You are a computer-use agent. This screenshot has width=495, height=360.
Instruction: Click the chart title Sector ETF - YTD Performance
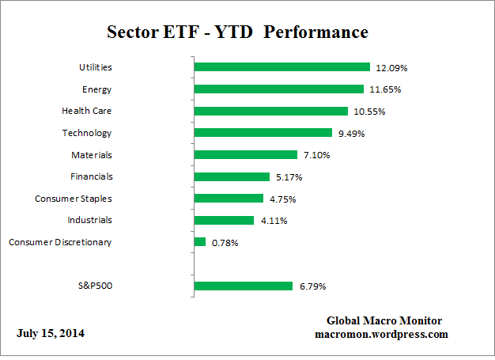click(x=237, y=32)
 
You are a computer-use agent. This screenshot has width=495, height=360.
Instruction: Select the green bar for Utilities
click(x=282, y=67)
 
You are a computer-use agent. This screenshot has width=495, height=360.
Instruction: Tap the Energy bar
click(x=278, y=89)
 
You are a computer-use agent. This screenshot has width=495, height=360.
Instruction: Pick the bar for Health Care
click(x=270, y=112)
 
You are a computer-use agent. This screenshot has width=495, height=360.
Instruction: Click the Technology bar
click(x=263, y=133)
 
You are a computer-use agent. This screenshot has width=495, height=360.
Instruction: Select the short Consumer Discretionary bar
click(x=199, y=242)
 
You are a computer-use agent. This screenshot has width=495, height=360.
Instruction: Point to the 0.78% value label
click(x=225, y=242)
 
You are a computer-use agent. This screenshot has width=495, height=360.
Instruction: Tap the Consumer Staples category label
click(x=74, y=199)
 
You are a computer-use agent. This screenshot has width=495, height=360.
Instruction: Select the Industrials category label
click(x=89, y=220)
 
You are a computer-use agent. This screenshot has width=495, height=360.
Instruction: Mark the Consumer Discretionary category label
click(x=60, y=242)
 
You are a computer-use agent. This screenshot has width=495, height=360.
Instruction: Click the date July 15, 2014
click(x=51, y=333)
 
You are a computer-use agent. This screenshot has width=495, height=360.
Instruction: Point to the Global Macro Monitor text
click(x=384, y=320)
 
